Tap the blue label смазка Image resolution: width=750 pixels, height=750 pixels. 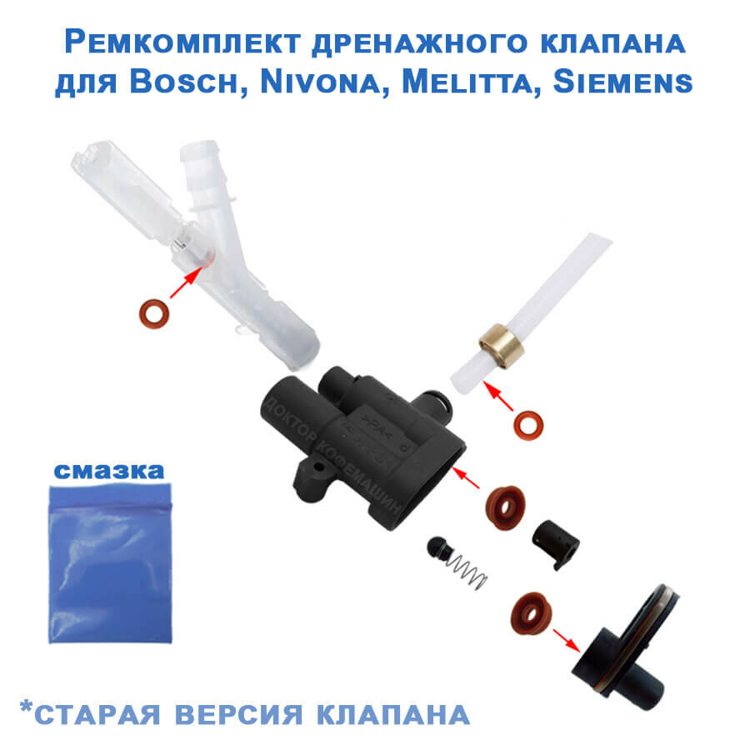tap(109, 470)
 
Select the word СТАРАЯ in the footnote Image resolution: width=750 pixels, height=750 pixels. tap(100, 714)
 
